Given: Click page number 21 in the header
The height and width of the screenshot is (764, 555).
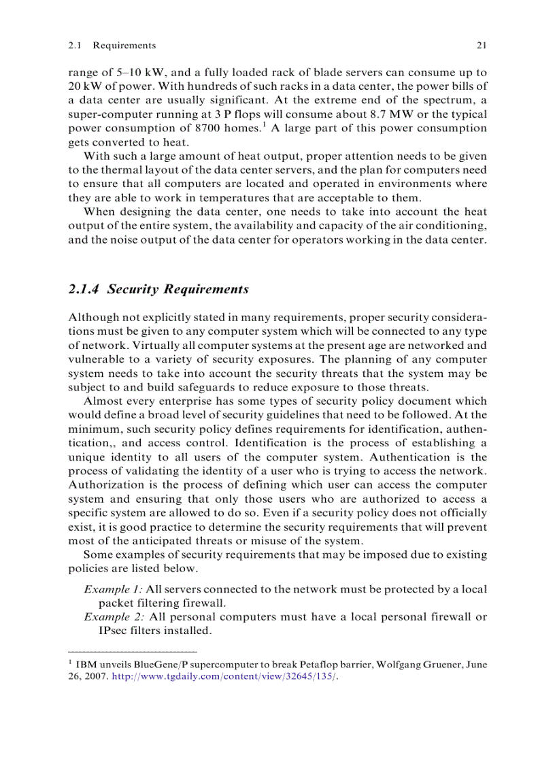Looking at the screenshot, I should (482, 46).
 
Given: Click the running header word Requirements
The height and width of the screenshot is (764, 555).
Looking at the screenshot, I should (124, 46).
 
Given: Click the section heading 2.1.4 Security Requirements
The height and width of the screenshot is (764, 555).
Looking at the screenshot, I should (158, 289).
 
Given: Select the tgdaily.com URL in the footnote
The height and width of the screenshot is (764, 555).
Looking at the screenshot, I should (224, 678).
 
